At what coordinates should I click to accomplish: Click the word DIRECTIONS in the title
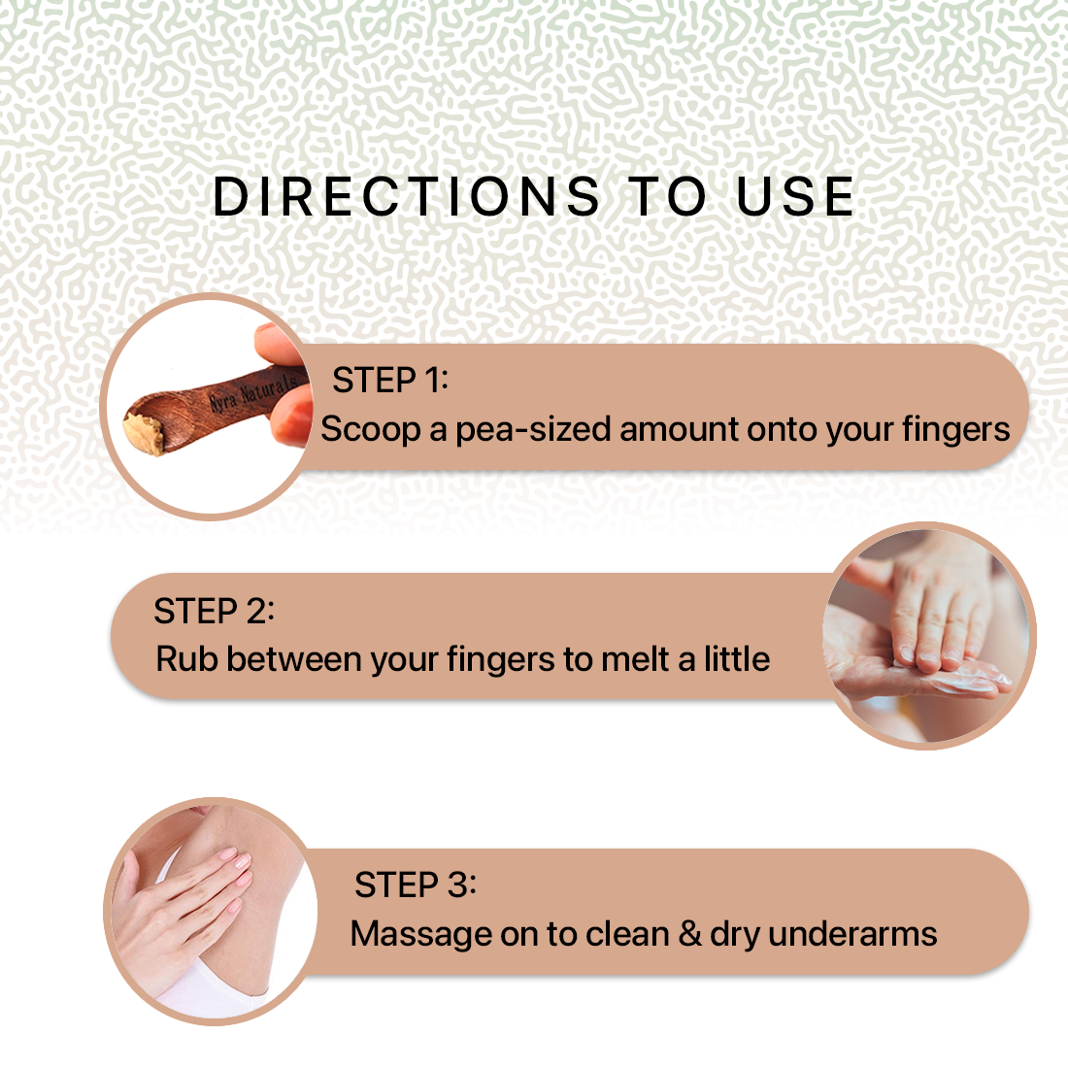[x=407, y=197]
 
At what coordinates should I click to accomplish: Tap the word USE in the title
[x=795, y=197]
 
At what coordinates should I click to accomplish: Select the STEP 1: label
[x=390, y=380]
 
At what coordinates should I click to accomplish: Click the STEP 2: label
[x=214, y=611]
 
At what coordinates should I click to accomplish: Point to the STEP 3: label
[x=416, y=884]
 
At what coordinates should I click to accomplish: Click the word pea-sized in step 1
[x=533, y=430]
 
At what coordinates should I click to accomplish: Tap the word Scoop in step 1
[x=371, y=430]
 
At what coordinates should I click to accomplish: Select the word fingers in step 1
[x=955, y=430]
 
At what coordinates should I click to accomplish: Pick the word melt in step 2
[x=636, y=659]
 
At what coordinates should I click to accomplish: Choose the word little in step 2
[x=737, y=659]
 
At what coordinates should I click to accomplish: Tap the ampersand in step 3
[x=690, y=934]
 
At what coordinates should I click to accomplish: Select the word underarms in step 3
[x=852, y=934]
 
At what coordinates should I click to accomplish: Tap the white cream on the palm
[x=967, y=679]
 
